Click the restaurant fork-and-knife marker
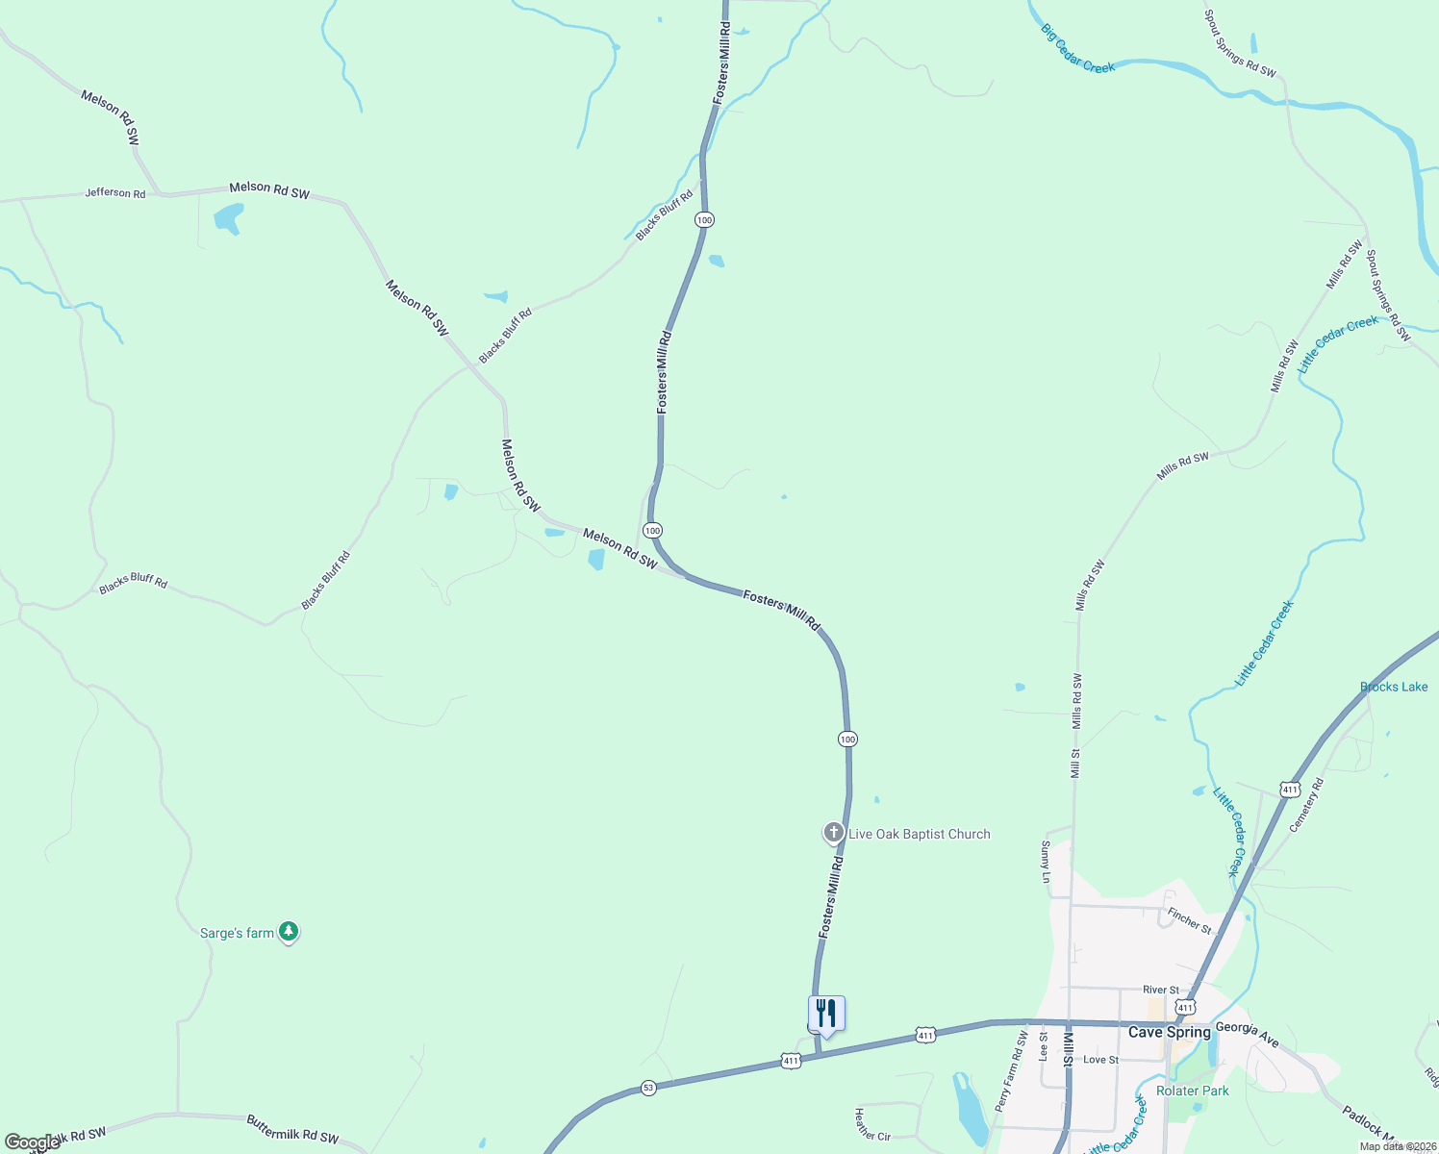coord(826,1015)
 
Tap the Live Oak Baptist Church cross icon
coord(833,833)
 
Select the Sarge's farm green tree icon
coord(289,932)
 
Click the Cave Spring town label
coord(1169,1032)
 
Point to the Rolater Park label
coord(1193,1091)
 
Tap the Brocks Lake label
coord(1394,687)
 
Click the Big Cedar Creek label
coord(1077,48)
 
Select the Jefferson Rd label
coord(115,192)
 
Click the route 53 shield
coord(648,1088)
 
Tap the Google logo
coord(32,1142)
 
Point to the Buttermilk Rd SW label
coord(292,1129)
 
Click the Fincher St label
coord(1189,921)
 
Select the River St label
coord(1161,990)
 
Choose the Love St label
coord(1100,1060)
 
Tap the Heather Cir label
coord(872,1123)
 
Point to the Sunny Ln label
coord(1046,862)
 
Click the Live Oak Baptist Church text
coord(920,834)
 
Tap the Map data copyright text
coord(1398,1145)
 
